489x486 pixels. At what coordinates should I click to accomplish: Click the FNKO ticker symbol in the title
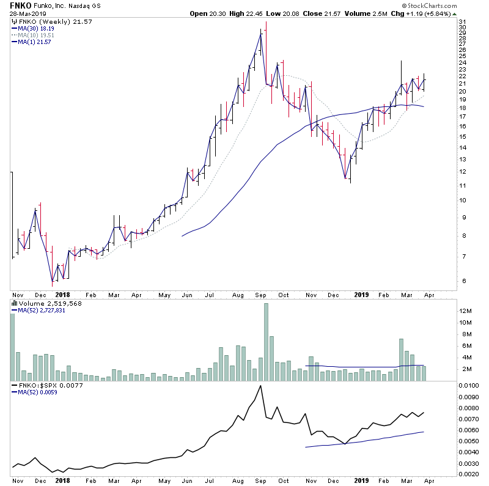[x=20, y=5]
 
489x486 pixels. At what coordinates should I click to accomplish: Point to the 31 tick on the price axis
[x=463, y=22]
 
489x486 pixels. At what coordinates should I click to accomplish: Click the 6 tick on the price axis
[x=463, y=281]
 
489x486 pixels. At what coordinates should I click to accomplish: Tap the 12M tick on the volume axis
[x=467, y=311]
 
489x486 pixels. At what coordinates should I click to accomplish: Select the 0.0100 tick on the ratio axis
[x=471, y=386]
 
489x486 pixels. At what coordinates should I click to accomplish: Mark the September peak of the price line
[x=261, y=34]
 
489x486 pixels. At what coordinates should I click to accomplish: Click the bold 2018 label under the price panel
[x=62, y=294]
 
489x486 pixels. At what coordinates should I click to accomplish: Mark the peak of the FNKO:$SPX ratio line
[x=261, y=386]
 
